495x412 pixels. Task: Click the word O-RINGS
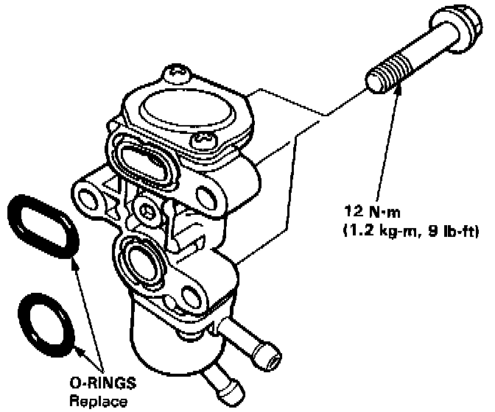pos(94,387)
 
